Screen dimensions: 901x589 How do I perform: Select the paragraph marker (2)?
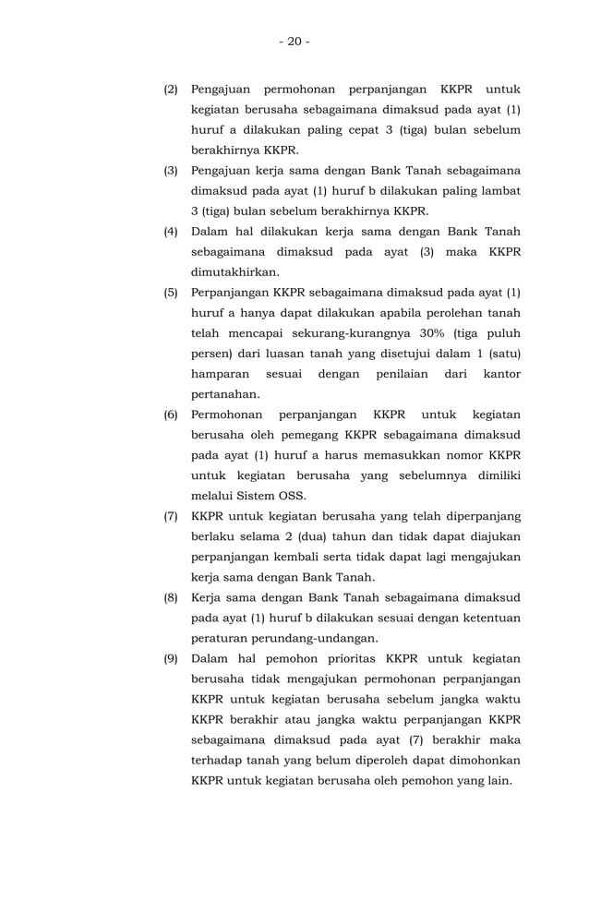171,90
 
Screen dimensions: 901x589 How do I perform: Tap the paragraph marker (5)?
171,294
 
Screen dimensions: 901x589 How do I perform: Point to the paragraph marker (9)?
171,658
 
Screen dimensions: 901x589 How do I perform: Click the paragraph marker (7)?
171,516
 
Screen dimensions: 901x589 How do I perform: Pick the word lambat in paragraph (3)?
499,191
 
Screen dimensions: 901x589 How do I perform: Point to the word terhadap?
220,760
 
